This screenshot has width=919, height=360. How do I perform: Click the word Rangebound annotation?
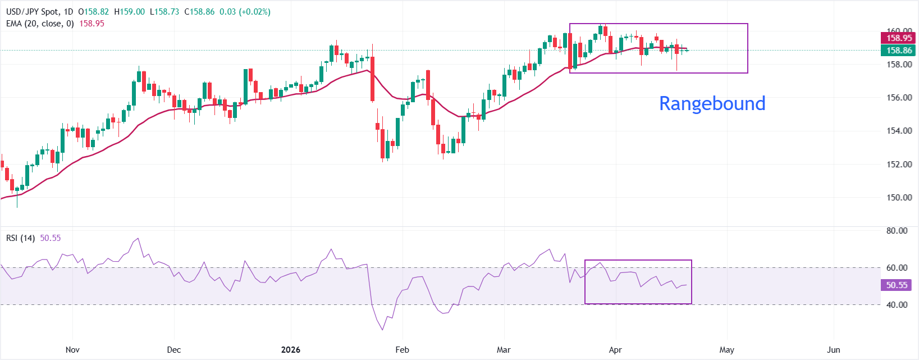(x=712, y=103)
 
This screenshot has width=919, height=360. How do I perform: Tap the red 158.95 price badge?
(x=899, y=38)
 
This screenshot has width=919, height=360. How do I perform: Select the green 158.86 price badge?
(x=899, y=51)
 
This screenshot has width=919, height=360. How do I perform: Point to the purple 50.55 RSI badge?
(x=897, y=285)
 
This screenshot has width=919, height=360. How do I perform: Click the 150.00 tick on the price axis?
(x=899, y=198)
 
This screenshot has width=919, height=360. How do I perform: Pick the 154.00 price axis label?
(x=899, y=131)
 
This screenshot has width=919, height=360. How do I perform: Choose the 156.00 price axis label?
(x=899, y=98)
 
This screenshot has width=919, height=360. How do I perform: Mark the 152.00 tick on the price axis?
(x=899, y=165)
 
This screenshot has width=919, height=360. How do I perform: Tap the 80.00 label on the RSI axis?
(x=897, y=231)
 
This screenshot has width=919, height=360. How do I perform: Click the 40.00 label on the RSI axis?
(x=897, y=305)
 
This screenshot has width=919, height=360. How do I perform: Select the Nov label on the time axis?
(x=72, y=350)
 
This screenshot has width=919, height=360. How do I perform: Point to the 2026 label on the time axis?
(x=290, y=350)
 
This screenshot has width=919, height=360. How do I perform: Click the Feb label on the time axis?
(x=402, y=350)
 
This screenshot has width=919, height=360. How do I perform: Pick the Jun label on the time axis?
(x=834, y=350)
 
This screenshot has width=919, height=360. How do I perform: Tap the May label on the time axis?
(x=726, y=350)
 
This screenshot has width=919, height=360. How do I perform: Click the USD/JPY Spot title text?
(x=31, y=12)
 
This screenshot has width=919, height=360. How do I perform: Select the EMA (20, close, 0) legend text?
(x=40, y=24)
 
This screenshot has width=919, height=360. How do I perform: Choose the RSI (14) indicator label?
(x=20, y=238)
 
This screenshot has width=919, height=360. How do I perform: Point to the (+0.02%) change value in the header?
(x=255, y=12)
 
